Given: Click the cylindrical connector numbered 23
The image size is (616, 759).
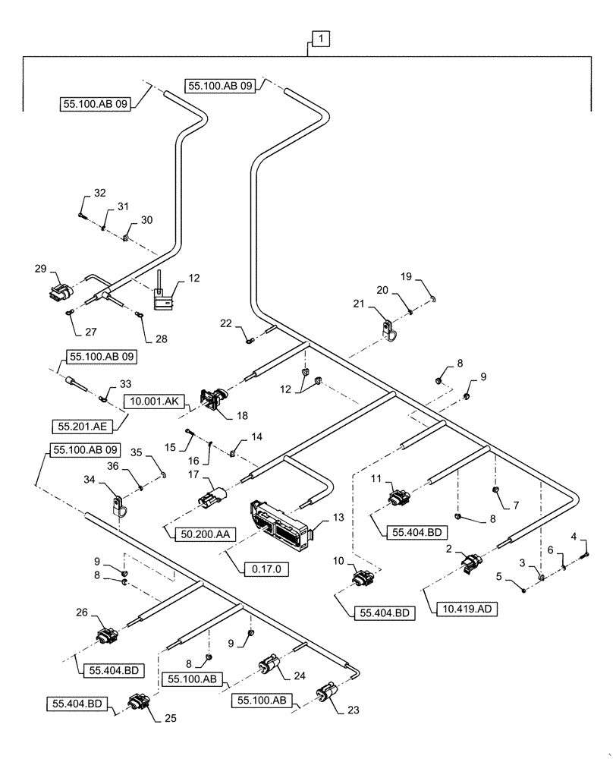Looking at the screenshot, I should pos(328,694).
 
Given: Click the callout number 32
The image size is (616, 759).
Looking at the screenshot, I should pos(100,194).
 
